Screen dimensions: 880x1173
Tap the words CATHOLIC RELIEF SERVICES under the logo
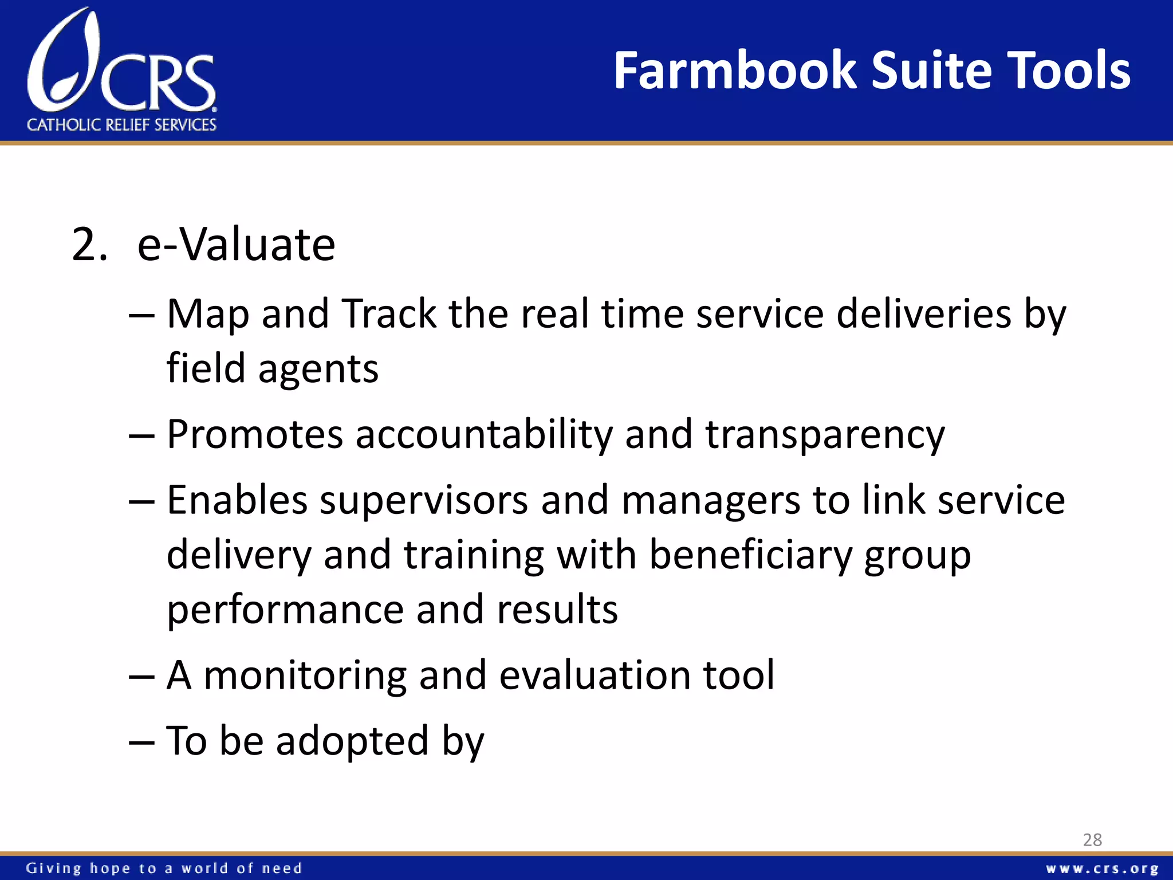(x=121, y=125)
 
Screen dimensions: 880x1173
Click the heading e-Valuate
(x=236, y=245)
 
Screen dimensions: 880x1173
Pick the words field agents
(x=272, y=368)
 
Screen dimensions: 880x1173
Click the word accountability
(x=484, y=435)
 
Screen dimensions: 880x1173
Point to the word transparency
(x=825, y=435)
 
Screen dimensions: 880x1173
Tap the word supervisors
(x=424, y=501)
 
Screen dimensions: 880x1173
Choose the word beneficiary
(x=750, y=555)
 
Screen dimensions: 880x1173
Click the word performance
(x=285, y=610)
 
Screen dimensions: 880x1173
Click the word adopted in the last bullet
(x=352, y=741)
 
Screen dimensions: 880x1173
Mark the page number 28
(x=1092, y=840)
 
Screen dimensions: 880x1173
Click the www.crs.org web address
(x=1101, y=869)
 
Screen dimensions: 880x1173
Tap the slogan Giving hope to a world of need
(x=164, y=869)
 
